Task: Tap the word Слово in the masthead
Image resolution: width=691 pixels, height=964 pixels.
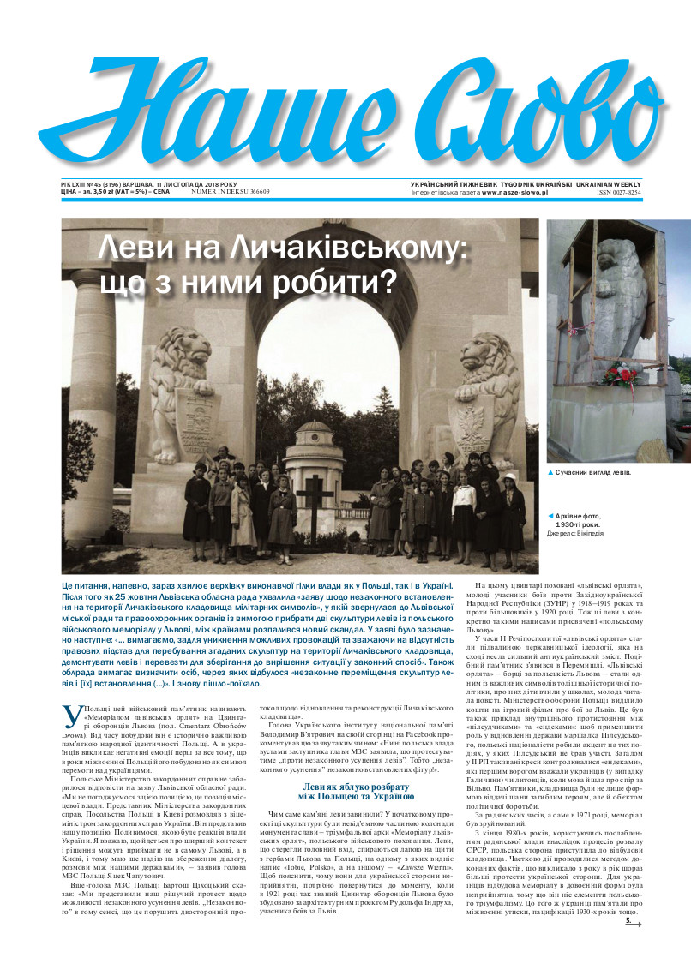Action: pos(506,111)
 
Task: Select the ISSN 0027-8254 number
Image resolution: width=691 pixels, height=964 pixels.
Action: pos(619,193)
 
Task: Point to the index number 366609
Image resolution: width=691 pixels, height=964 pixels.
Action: pos(249,191)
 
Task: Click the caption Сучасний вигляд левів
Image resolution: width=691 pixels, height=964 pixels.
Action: pos(594,473)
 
